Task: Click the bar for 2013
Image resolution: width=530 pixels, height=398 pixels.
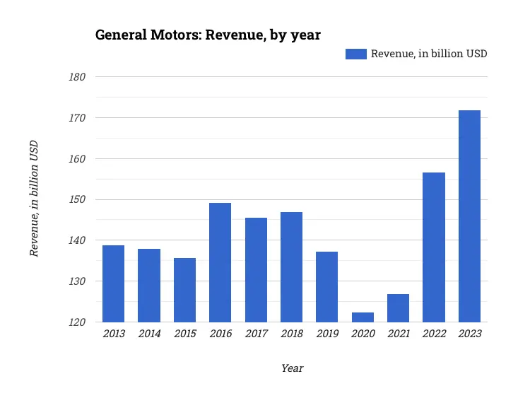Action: click(113, 283)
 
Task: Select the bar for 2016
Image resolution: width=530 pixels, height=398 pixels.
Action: click(220, 262)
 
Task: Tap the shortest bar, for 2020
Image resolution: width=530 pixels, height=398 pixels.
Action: click(363, 317)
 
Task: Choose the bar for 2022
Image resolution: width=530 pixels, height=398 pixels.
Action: click(434, 247)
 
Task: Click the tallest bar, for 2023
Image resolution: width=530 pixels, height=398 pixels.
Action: click(469, 216)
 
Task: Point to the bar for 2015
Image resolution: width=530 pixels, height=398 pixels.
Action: click(184, 290)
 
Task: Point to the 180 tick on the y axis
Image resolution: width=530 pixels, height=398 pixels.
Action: click(77, 77)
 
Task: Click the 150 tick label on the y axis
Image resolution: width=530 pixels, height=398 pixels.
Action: click(77, 199)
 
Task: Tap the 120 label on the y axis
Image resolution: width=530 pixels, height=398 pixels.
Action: click(77, 322)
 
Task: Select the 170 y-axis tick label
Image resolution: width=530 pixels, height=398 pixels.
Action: click(77, 118)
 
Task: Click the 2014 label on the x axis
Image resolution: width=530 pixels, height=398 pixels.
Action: click(148, 334)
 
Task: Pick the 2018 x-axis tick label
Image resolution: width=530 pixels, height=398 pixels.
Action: click(291, 334)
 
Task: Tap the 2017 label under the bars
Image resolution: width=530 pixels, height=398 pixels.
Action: click(255, 334)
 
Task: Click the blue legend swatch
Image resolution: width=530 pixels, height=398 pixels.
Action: click(355, 54)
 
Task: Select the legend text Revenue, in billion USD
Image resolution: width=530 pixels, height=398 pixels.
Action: click(429, 54)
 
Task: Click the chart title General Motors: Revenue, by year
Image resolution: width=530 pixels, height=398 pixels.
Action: click(208, 35)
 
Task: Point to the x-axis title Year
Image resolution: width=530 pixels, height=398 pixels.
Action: click(292, 368)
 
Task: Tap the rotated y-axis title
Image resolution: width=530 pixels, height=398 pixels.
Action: click(33, 199)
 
